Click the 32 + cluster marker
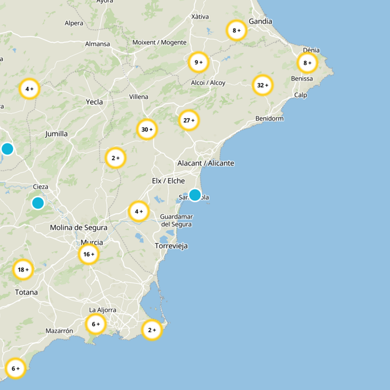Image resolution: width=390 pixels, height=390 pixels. tap(263, 85)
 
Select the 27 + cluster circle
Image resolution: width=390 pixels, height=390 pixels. tap(189, 120)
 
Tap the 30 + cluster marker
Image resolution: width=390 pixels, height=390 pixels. tap(147, 129)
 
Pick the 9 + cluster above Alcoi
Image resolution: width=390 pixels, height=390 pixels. tap(198, 62)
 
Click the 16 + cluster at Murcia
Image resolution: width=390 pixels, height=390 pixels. tap(89, 254)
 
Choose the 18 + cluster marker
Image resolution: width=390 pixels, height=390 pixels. tap(23, 270)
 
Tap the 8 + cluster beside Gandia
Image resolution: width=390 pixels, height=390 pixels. tap(236, 30)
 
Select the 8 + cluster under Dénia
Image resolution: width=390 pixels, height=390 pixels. tap(307, 63)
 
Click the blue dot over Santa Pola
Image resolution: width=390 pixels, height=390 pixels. tap(195, 195)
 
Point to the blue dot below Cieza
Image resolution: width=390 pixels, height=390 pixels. tap(38, 202)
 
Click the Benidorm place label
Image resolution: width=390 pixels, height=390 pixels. tap(269, 118)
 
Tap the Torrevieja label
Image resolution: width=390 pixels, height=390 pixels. tap(171, 246)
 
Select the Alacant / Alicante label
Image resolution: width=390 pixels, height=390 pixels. tap(206, 163)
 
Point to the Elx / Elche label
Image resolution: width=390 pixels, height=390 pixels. tap(168, 181)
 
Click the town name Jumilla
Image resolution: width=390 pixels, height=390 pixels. tap(56, 134)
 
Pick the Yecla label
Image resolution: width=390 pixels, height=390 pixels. tap(94, 102)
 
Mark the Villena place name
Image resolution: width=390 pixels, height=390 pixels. tap(138, 97)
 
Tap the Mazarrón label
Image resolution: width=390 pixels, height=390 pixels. tap(59, 331)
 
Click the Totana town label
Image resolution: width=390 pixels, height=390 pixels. tap(26, 292)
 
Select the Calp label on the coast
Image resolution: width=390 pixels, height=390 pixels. tap(300, 95)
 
